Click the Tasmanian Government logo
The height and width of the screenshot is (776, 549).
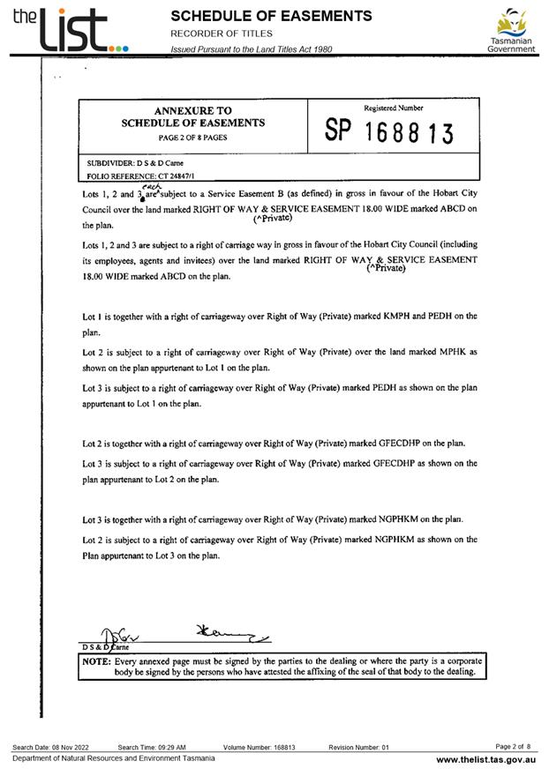pyautogui.click(x=511, y=31)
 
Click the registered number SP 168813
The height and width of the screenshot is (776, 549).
pyautogui.click(x=389, y=132)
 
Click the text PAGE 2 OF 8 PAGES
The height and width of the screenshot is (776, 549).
pyautogui.click(x=192, y=138)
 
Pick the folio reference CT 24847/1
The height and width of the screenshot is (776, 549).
pyautogui.click(x=152, y=176)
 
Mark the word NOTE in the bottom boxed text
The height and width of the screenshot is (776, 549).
pyautogui.click(x=95, y=660)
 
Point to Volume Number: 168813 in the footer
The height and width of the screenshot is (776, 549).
pyautogui.click(x=259, y=747)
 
